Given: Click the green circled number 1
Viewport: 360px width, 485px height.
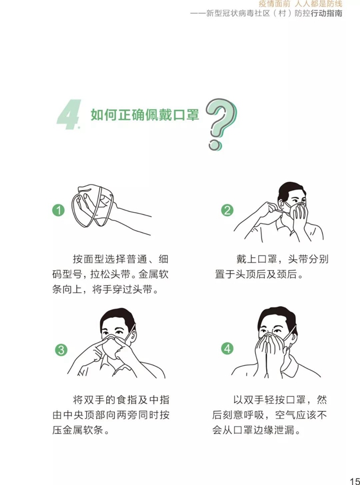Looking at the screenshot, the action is coord(58,210).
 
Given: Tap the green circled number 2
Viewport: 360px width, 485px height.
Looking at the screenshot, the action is coord(227,210).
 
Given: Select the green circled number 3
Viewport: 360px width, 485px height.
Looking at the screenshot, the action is coord(61,350).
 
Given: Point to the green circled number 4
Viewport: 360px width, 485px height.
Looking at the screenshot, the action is coord(227,349).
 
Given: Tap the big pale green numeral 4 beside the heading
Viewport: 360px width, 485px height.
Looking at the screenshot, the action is coord(69,114).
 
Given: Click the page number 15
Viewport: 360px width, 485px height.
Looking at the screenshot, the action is coord(355,481).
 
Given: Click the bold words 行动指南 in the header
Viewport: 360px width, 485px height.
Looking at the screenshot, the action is coord(326,14).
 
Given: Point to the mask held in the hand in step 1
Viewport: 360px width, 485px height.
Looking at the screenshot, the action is coord(93,206).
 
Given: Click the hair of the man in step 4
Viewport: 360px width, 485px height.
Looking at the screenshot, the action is coord(277,316).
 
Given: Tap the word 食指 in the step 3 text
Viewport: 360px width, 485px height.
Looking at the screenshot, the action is coord(129,399).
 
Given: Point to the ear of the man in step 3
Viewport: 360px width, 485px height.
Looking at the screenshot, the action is coord(133,336).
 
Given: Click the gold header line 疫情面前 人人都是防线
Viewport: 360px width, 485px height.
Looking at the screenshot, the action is coord(300,4).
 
